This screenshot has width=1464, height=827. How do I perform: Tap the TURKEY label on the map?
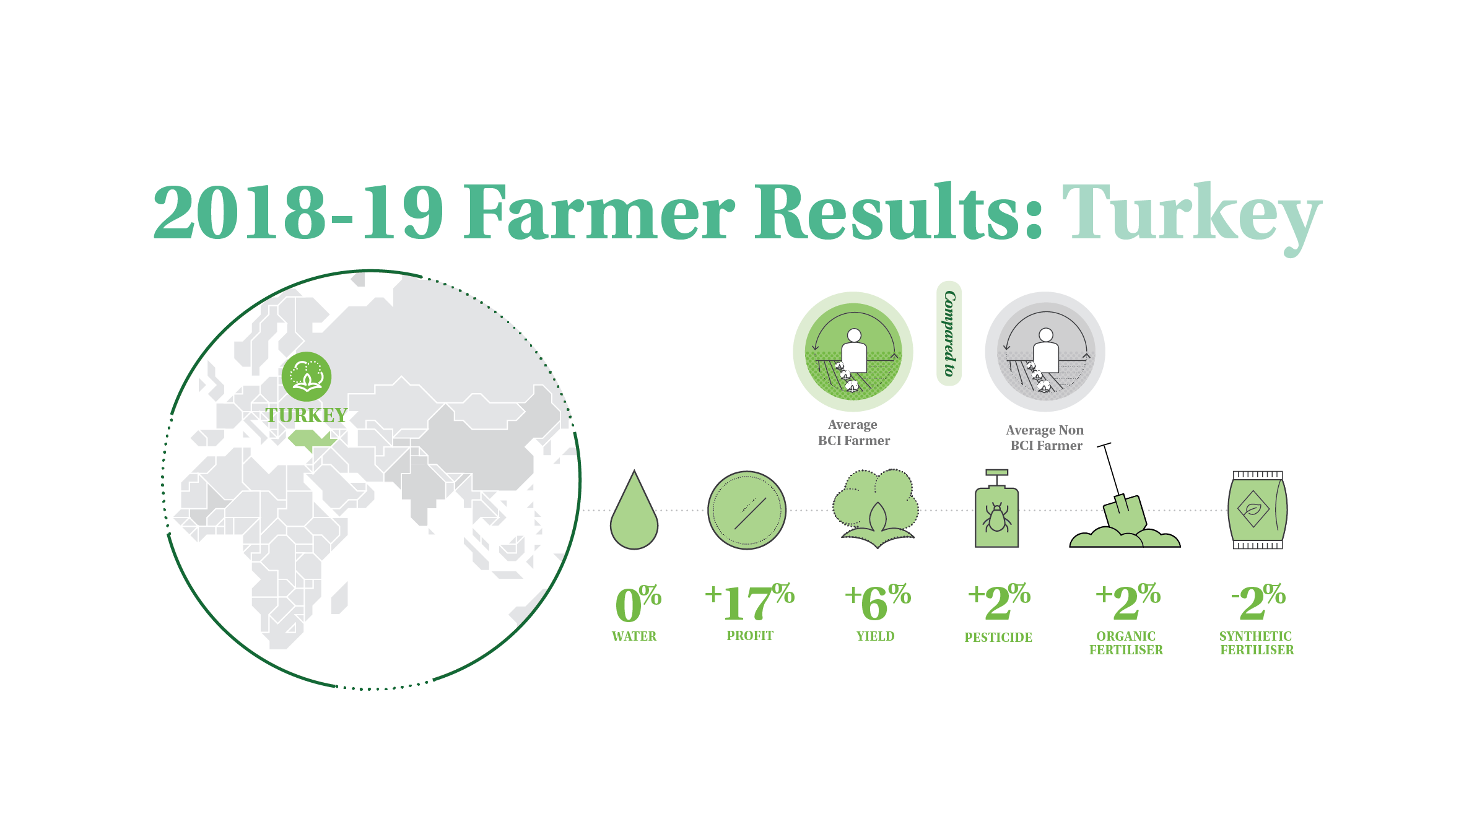click(307, 415)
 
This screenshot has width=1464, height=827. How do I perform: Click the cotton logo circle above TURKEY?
click(307, 376)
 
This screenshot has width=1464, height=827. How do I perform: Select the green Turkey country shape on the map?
click(312, 440)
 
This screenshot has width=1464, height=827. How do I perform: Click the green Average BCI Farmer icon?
click(853, 352)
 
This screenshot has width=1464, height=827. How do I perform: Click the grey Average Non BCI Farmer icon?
click(1045, 352)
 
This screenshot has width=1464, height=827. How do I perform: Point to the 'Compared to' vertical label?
click(949, 334)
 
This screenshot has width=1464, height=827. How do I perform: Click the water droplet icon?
click(634, 510)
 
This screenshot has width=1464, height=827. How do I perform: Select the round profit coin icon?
click(747, 510)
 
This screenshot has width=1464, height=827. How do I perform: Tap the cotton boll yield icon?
click(876, 508)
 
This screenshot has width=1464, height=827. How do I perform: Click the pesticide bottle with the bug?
click(997, 508)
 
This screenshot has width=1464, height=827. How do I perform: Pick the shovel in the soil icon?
click(1124, 495)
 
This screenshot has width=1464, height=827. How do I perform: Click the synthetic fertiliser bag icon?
click(1258, 510)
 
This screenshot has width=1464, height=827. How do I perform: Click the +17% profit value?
click(749, 602)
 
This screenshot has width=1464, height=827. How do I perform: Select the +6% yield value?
click(878, 602)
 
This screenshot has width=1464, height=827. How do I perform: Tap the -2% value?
click(1258, 602)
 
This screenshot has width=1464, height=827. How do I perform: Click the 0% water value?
click(638, 603)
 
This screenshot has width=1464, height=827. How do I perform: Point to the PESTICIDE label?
click(998, 637)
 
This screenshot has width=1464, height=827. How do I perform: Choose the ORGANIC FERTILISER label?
click(1126, 643)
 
